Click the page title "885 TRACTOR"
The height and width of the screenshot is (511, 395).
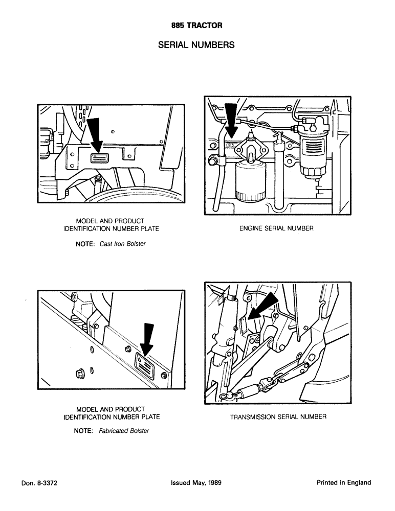197,25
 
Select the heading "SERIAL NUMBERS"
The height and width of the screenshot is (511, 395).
196,45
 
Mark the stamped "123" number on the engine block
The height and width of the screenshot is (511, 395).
230,145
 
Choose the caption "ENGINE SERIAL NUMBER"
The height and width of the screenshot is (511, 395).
276,229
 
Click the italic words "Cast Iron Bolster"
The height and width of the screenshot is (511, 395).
123,244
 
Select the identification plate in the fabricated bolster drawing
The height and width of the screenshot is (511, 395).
142,365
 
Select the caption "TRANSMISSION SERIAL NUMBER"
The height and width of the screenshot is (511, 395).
278,417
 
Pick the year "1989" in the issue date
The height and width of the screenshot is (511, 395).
212,483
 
